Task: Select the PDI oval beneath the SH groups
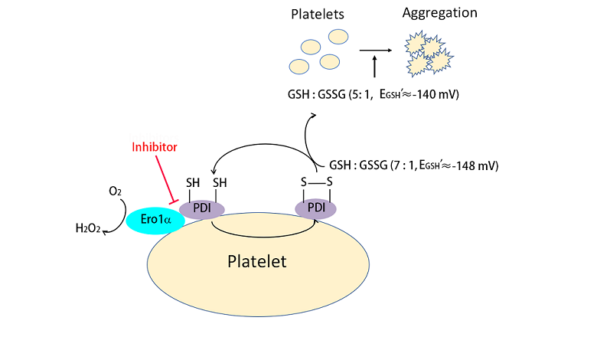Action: click(202, 208)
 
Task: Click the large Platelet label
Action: click(257, 262)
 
